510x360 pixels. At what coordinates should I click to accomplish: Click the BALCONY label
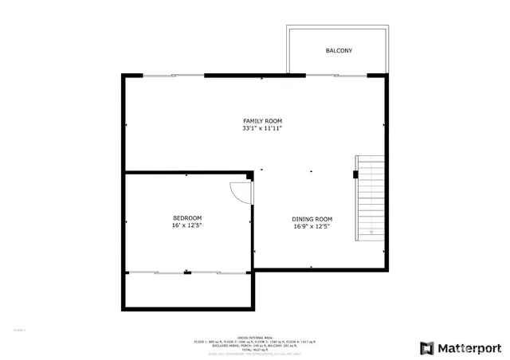(x=339, y=51)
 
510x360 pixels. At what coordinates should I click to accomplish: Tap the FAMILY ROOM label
(x=262, y=121)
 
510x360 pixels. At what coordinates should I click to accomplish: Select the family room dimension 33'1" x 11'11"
(x=262, y=128)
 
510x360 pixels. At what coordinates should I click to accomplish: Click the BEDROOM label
(x=187, y=218)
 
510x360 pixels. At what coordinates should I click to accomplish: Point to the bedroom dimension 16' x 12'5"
(x=187, y=226)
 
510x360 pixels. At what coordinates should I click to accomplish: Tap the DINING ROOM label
(x=312, y=219)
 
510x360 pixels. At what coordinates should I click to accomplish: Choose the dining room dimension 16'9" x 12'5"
(x=312, y=227)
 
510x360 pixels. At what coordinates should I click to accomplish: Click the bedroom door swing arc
(x=240, y=193)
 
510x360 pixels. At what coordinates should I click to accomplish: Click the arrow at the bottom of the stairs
(x=371, y=230)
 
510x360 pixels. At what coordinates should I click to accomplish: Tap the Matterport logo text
(x=470, y=347)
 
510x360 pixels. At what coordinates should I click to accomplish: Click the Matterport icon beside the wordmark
(x=427, y=347)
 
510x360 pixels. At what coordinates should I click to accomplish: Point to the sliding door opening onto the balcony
(x=337, y=76)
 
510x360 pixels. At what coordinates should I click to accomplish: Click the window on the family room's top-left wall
(x=174, y=76)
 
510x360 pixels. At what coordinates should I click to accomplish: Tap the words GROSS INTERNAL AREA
(x=254, y=337)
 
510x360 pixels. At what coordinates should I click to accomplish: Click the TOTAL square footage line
(x=254, y=350)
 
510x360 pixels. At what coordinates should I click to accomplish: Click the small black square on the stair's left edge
(x=355, y=173)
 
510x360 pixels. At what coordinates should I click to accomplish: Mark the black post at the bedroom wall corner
(x=249, y=174)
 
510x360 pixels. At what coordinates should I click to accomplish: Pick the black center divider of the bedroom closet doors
(x=187, y=272)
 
